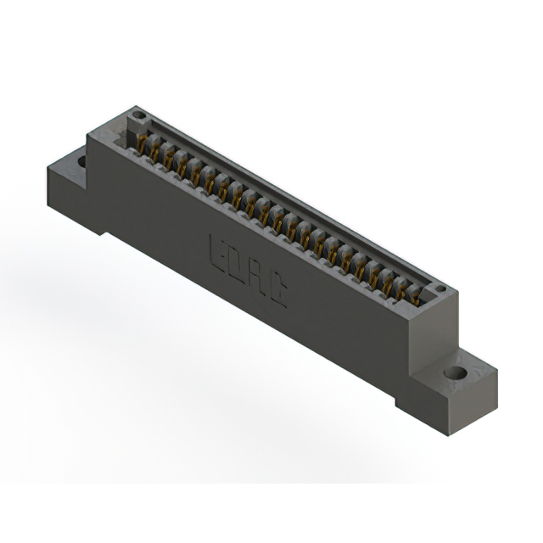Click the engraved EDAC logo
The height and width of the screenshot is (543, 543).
[x=248, y=270]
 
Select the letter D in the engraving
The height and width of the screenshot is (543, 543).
[x=237, y=263]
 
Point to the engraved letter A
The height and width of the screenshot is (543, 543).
[x=258, y=277]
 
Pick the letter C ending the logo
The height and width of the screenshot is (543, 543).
[x=278, y=292]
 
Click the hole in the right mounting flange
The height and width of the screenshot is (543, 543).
[x=456, y=372]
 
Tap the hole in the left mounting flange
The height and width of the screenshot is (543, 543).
[x=81, y=159]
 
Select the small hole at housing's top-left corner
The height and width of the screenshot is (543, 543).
[x=139, y=115]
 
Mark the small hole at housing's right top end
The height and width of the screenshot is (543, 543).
[x=440, y=290]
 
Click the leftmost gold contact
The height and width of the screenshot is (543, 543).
[x=143, y=145]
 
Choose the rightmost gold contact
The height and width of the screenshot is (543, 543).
[x=414, y=294]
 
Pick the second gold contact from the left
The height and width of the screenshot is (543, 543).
[x=157, y=153]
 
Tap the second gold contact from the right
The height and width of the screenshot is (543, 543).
[x=400, y=288]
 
